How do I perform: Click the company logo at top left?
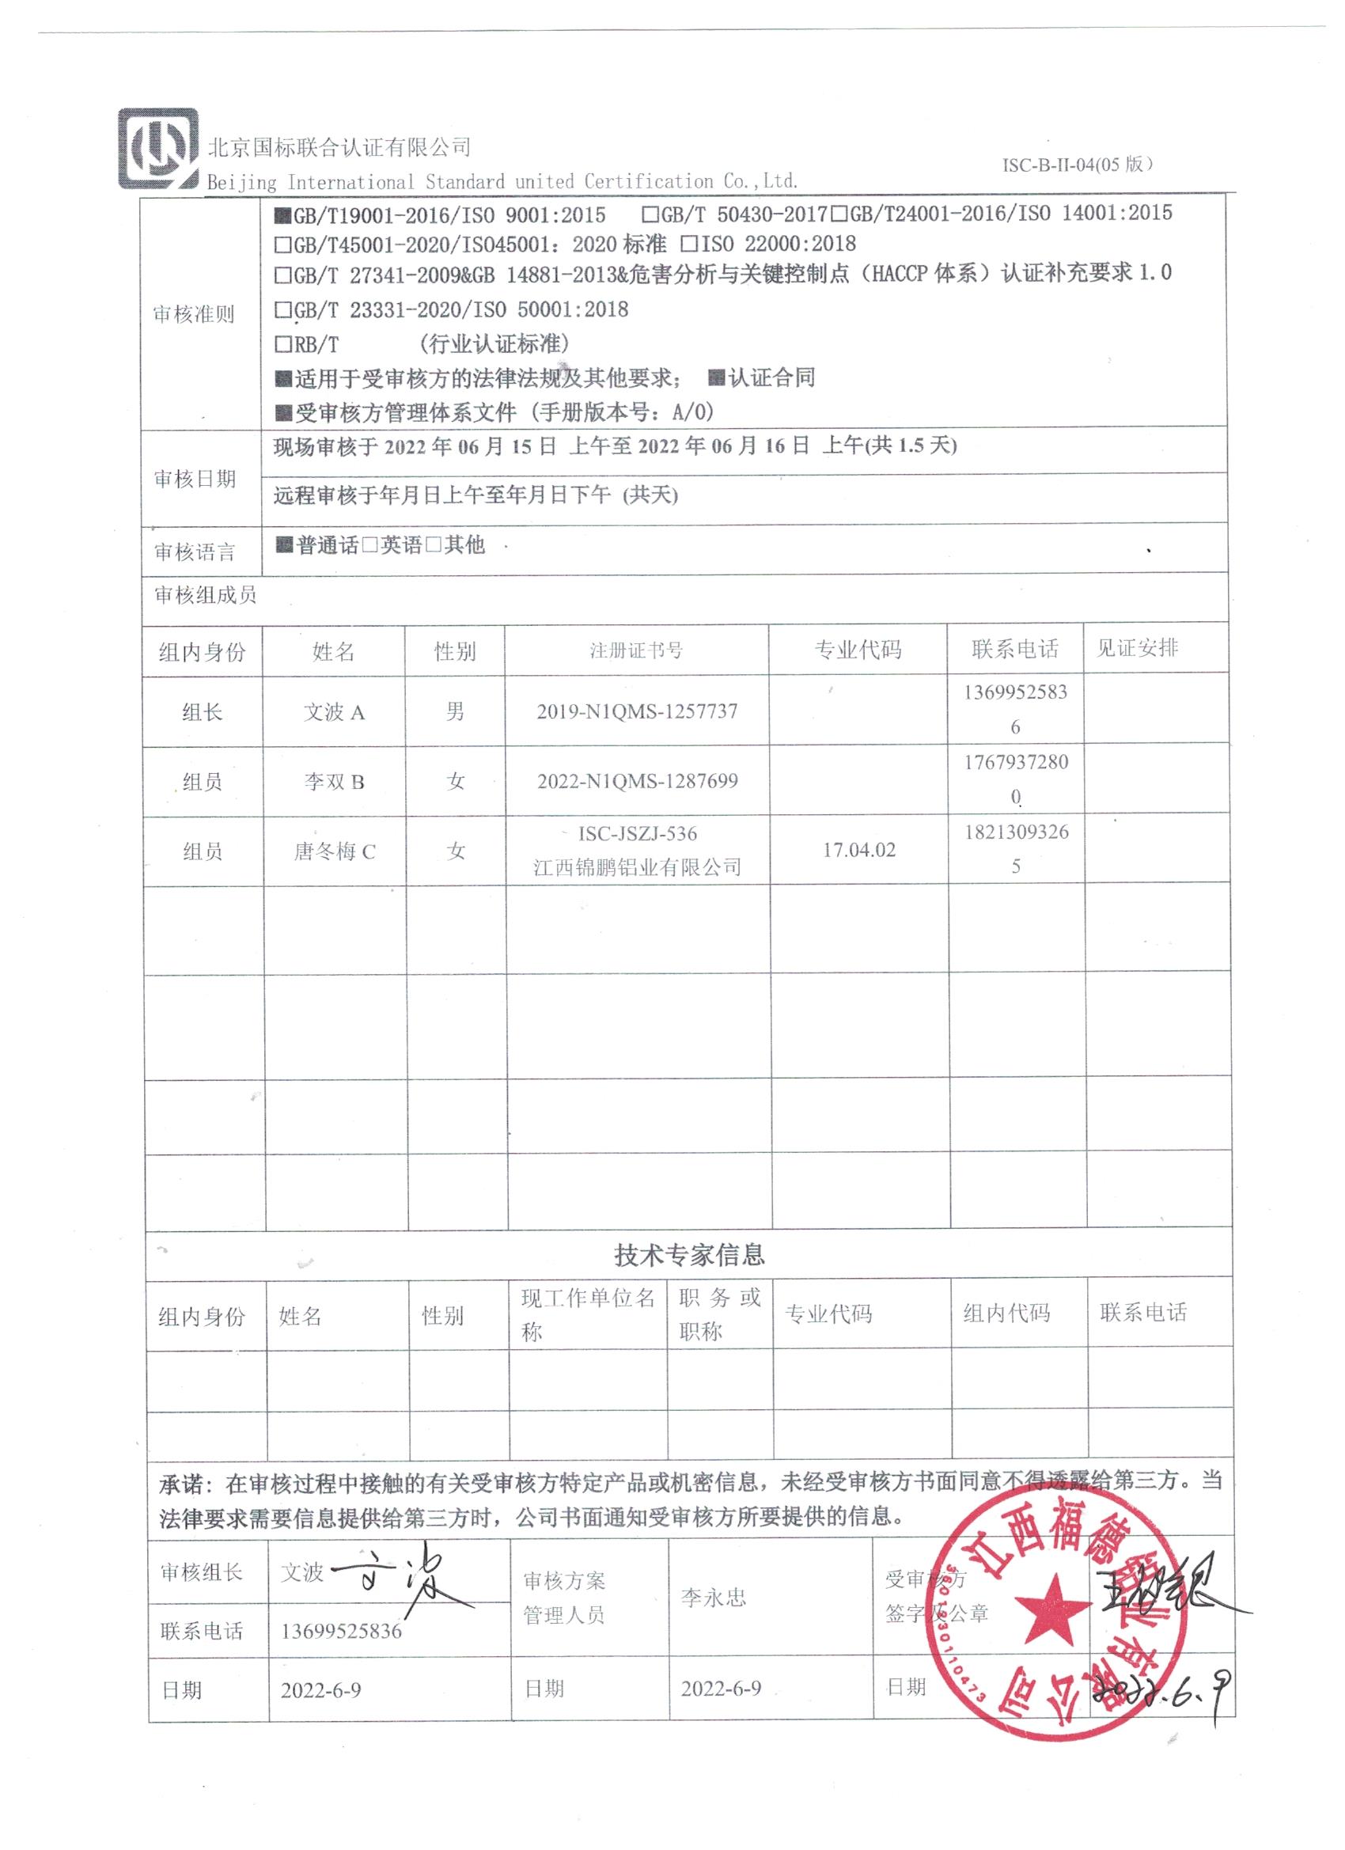pyautogui.click(x=158, y=149)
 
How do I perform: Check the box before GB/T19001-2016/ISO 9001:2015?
pyautogui.click(x=283, y=216)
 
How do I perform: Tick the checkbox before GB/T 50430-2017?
pyautogui.click(x=650, y=215)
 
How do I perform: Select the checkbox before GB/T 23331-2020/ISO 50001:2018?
pyautogui.click(x=283, y=310)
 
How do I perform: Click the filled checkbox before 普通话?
pyautogui.click(x=284, y=545)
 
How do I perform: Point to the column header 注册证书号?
pyautogui.click(x=636, y=650)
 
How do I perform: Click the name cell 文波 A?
pyautogui.click(x=334, y=712)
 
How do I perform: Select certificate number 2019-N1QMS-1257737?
pyautogui.click(x=637, y=711)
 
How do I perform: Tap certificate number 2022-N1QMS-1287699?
pyautogui.click(x=637, y=782)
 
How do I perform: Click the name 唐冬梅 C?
pyautogui.click(x=335, y=851)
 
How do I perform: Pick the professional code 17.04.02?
pyautogui.click(x=859, y=850)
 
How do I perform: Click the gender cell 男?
pyautogui.click(x=455, y=711)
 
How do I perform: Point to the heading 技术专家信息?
pyautogui.click(x=689, y=1254)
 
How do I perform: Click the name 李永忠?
pyautogui.click(x=713, y=1598)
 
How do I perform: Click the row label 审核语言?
pyautogui.click(x=194, y=553)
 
